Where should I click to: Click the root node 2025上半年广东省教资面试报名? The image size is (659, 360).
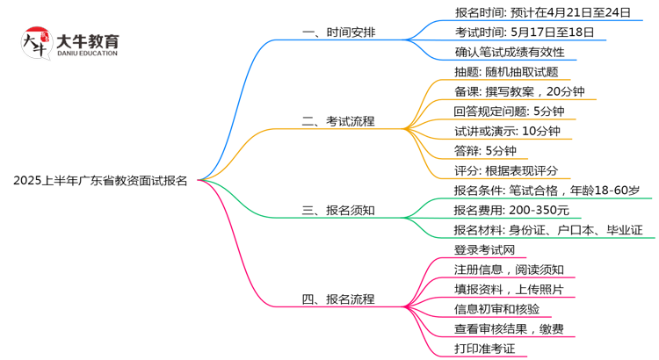click(x=100, y=182)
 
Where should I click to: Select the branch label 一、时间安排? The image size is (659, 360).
click(x=338, y=32)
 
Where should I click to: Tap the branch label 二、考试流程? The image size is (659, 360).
click(x=338, y=121)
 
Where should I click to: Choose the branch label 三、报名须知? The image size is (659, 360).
click(x=338, y=211)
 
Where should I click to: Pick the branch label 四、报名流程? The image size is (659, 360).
click(x=338, y=299)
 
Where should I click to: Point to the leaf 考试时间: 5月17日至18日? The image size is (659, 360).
click(x=524, y=32)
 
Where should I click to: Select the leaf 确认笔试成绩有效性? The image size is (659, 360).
click(x=510, y=53)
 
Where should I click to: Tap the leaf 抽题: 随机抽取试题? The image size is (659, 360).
click(x=506, y=72)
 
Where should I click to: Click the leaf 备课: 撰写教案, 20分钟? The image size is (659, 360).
click(x=519, y=92)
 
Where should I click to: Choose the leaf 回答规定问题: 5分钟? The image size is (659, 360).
click(x=509, y=112)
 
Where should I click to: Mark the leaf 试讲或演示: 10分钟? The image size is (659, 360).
click(x=506, y=131)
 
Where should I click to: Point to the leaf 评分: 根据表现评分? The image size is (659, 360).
click(x=506, y=170)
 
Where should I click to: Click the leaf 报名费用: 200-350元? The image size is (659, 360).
click(x=511, y=210)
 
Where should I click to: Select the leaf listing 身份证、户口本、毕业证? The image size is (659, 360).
click(x=548, y=230)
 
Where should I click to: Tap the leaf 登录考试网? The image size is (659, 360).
click(x=484, y=250)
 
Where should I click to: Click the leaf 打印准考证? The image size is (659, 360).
click(x=484, y=349)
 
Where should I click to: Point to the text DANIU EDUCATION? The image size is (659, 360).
click(x=86, y=54)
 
